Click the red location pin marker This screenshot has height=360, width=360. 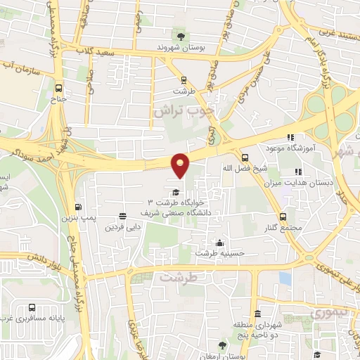181,165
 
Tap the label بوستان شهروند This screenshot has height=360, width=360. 180,47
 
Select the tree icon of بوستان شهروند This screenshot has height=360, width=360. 181,36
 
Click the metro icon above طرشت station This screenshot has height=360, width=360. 184,80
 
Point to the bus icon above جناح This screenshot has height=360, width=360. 59,89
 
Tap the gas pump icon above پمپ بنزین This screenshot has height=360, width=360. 77,207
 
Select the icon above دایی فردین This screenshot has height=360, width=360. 123,216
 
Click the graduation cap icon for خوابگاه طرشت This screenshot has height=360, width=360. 175,192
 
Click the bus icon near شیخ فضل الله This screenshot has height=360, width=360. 245,157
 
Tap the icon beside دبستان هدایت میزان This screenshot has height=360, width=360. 298,171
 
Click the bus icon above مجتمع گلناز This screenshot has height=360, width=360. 283,217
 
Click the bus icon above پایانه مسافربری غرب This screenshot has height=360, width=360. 32,307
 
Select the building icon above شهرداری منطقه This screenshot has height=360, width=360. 257,314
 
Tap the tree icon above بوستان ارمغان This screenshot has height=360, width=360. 222,345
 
